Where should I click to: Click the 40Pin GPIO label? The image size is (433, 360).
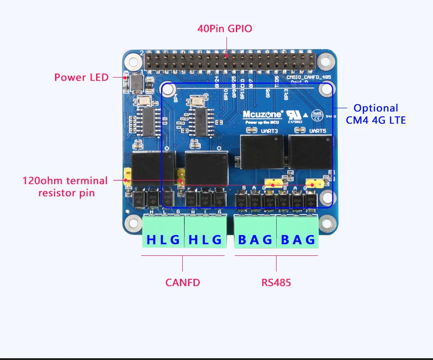[x=225, y=28]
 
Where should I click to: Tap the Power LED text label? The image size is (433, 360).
[x=82, y=77]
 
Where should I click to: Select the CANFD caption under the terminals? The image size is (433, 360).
[x=182, y=283]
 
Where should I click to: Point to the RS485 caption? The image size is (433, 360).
[x=276, y=283]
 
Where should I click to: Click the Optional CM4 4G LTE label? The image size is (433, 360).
[x=376, y=114]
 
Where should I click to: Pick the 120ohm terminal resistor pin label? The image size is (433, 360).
[x=65, y=187]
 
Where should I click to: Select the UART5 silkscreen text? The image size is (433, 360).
[x=318, y=131]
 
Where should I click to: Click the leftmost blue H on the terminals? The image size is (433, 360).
[x=151, y=240]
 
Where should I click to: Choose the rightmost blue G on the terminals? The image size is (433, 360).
[x=310, y=240]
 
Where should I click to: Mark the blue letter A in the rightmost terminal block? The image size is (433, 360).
[x=297, y=240]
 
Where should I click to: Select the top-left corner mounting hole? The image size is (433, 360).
[x=133, y=60]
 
